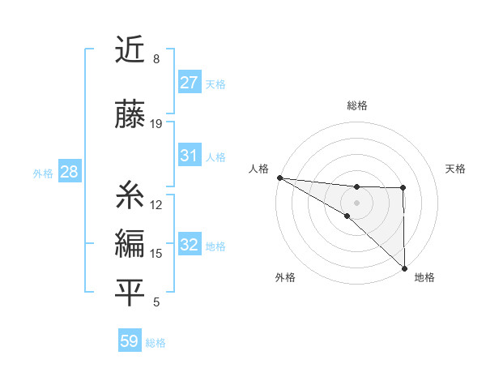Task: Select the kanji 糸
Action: click(130, 195)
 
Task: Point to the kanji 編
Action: click(130, 244)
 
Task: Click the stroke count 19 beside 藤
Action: click(156, 123)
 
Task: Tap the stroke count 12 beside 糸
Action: click(156, 204)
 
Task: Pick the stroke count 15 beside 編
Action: click(156, 254)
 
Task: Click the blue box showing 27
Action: click(190, 82)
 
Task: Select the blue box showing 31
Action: click(190, 156)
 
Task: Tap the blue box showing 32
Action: click(190, 245)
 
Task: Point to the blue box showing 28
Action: click(68, 172)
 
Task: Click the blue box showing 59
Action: click(130, 341)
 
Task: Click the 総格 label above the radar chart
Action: click(357, 105)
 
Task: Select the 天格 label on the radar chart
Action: click(456, 169)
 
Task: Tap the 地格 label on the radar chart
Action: click(424, 278)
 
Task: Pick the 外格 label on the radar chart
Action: click(285, 278)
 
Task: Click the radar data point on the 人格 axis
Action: click(279, 178)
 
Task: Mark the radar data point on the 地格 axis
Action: click(404, 268)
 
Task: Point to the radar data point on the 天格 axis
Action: click(403, 188)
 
